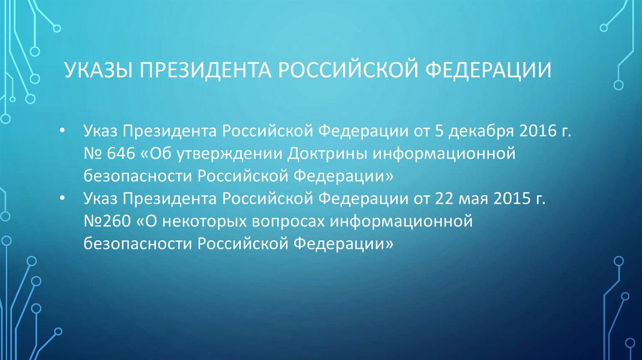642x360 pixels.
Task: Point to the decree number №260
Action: coord(105,221)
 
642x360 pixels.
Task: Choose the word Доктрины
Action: coord(327,154)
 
